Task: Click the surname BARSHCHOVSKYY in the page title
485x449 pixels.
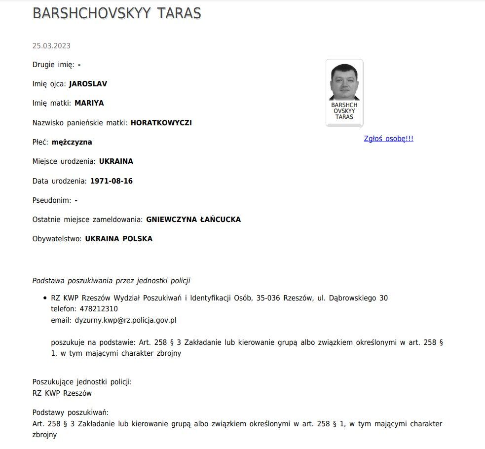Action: pos(92,13)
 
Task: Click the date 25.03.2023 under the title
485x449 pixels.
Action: pos(51,46)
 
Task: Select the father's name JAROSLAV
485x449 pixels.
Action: pos(88,84)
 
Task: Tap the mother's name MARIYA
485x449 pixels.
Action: pos(89,103)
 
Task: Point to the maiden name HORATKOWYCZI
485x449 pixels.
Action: pos(161,123)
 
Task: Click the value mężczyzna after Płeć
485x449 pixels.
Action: pos(72,142)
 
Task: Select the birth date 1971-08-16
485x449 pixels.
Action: pos(112,181)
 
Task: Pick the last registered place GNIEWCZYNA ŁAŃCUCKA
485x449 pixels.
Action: pos(193,220)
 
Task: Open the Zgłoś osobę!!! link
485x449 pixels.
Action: pos(388,139)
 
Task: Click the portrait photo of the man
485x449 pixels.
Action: pos(344,82)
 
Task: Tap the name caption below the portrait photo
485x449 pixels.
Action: pos(344,111)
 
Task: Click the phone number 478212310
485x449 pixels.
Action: pos(99,309)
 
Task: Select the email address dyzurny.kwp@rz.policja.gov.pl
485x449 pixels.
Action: pos(125,320)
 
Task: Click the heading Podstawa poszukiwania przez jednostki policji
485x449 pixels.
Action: pos(111,281)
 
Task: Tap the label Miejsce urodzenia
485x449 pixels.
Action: pos(64,161)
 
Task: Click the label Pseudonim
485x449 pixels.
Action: pos(51,200)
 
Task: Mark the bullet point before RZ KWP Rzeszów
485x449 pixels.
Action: pos(44,299)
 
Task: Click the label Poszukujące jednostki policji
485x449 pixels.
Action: pos(82,382)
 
